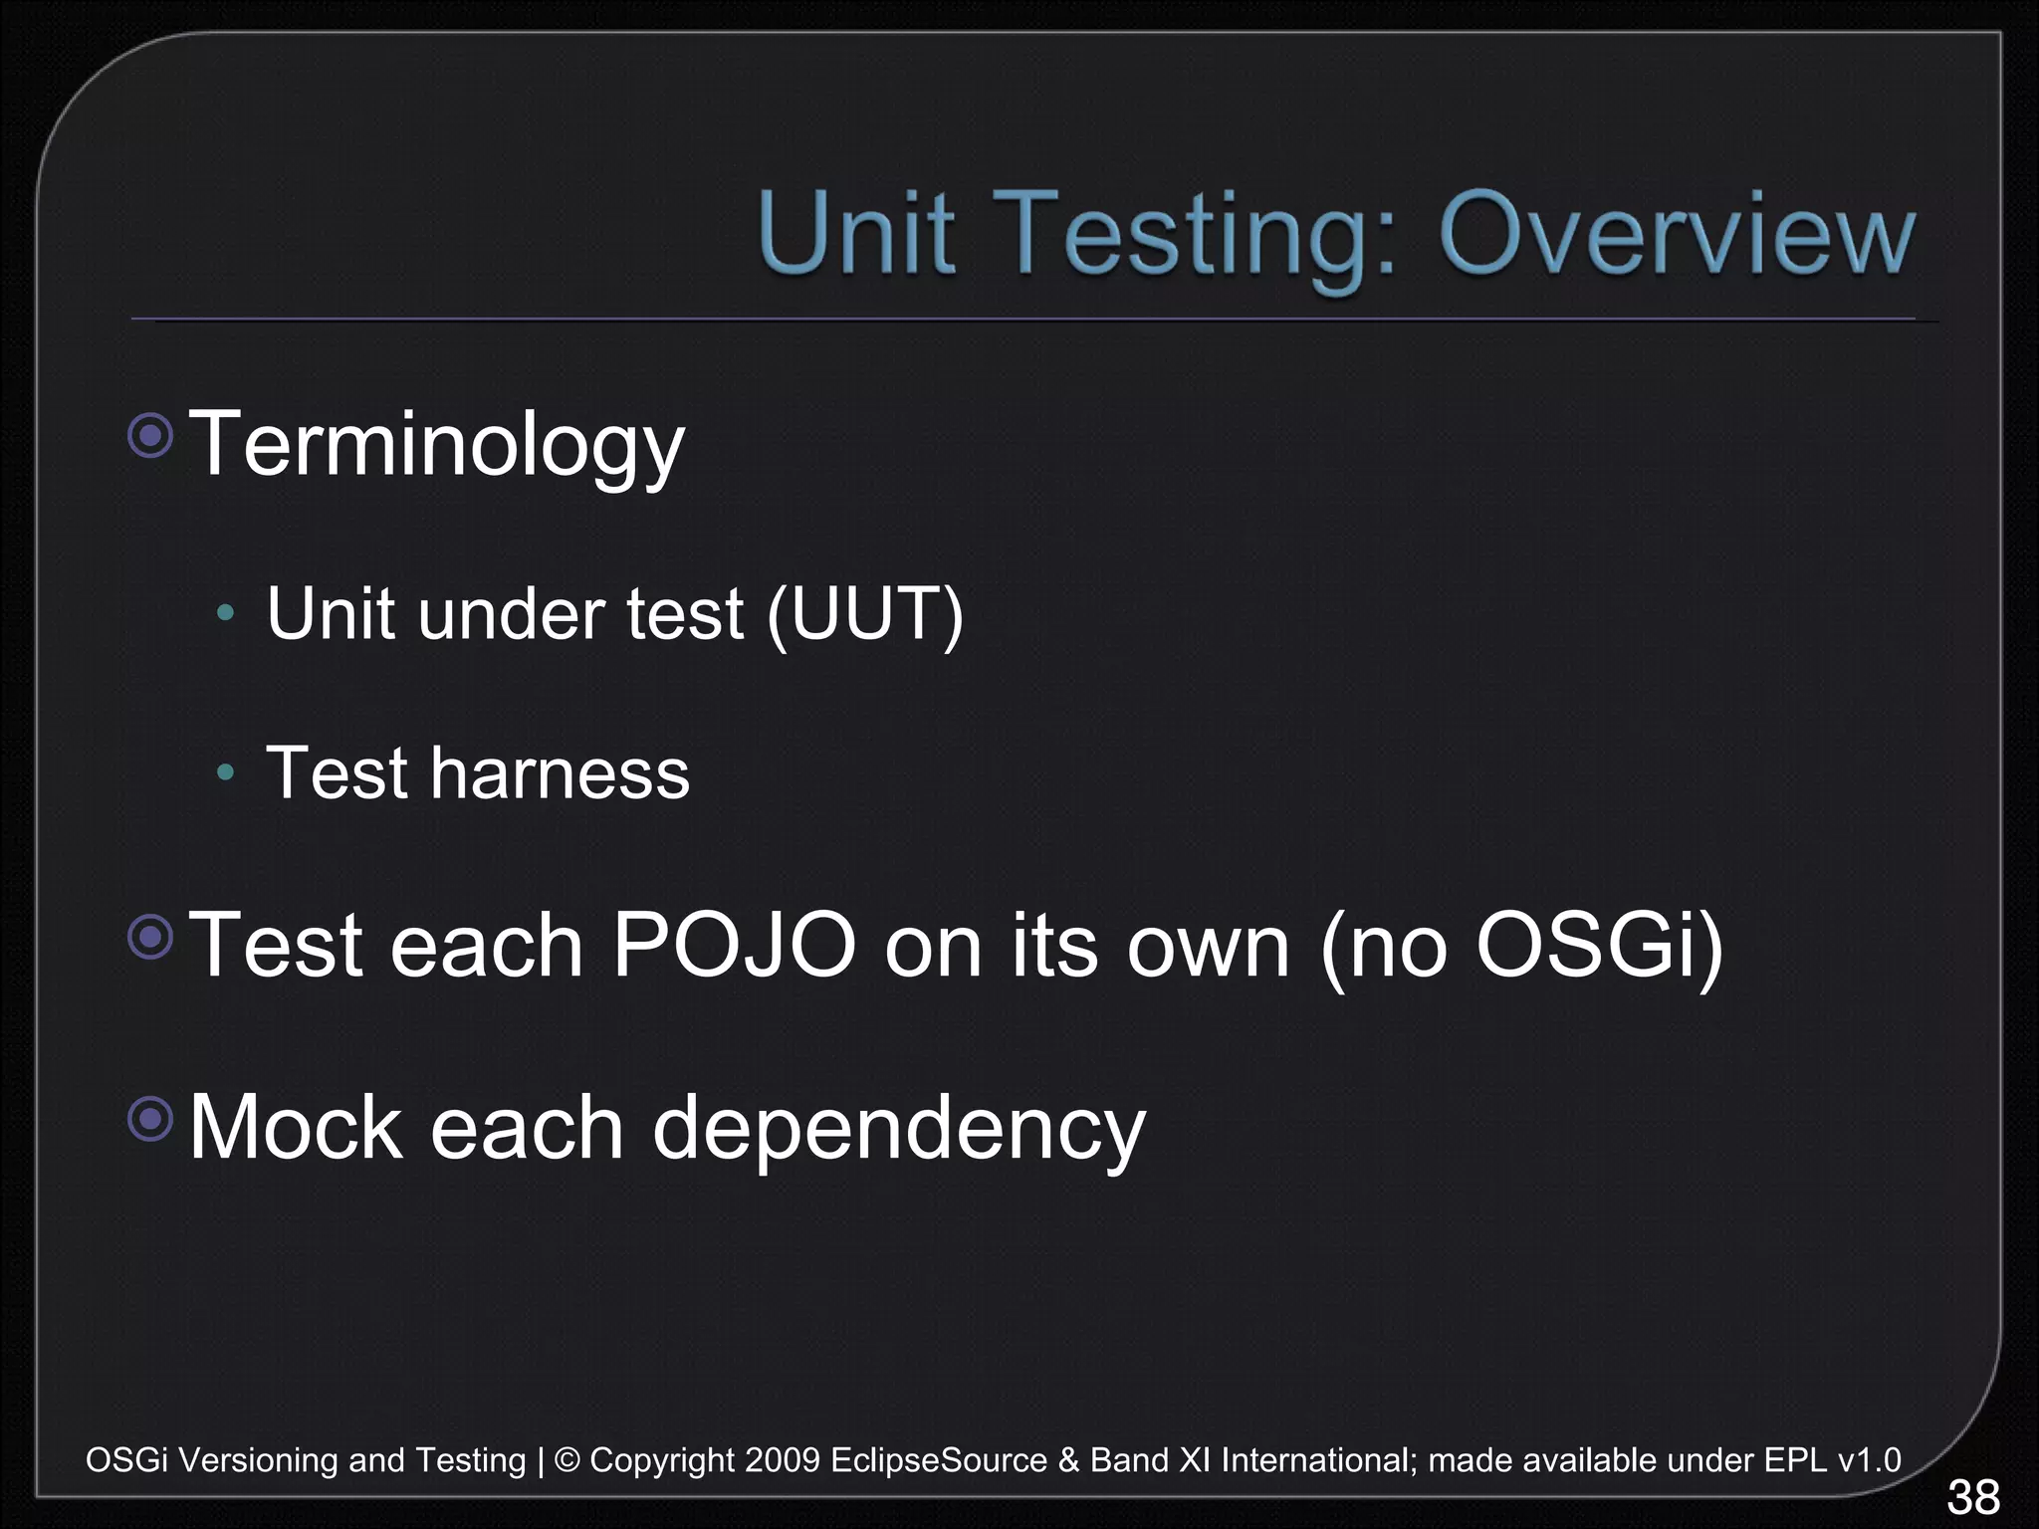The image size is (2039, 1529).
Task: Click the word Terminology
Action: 436,445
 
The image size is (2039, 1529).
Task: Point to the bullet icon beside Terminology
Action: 151,435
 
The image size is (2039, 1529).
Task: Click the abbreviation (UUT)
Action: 864,613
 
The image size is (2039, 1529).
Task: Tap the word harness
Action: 560,773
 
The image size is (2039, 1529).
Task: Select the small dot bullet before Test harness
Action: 226,771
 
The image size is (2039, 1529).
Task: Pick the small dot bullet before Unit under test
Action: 226,612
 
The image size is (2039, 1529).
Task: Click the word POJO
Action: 734,945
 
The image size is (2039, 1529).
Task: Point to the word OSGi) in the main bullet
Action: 1599,945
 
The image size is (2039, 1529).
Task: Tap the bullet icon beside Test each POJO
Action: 151,937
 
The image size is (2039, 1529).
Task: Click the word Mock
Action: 296,1127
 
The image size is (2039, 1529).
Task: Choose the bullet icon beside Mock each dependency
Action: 151,1119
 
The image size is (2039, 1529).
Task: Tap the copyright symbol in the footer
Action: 566,1460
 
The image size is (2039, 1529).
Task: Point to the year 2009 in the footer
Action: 782,1460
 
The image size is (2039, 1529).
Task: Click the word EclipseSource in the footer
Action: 939,1460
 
